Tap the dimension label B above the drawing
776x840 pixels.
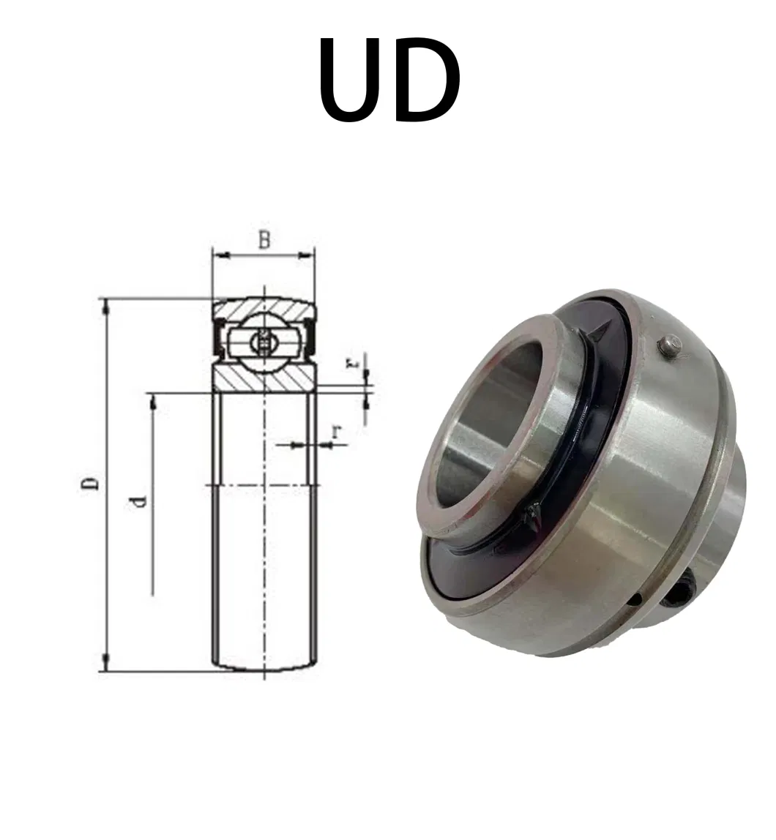(x=264, y=239)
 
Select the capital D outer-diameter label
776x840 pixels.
(x=90, y=484)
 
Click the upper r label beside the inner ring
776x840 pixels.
(x=354, y=362)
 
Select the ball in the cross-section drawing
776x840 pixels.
(x=263, y=340)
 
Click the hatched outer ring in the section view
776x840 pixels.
(x=264, y=307)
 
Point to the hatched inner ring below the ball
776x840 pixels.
(x=264, y=376)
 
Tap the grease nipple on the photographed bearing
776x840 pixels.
(x=669, y=346)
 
